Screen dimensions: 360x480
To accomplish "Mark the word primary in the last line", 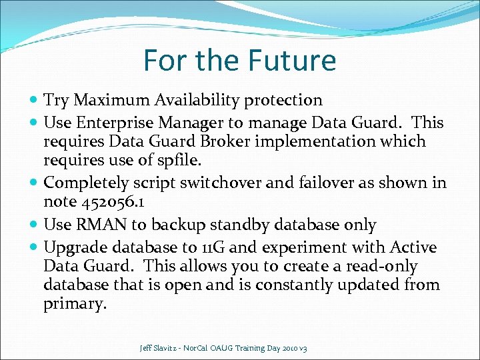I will [73, 305].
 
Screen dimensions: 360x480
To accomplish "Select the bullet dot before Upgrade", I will [34, 248].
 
